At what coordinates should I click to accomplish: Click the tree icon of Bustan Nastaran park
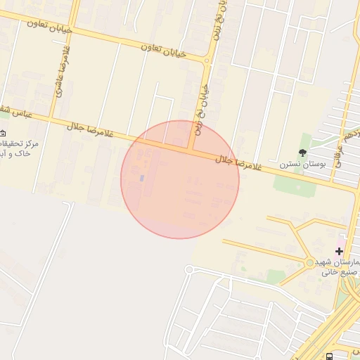pos(303,153)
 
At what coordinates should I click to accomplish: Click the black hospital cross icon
pos(340,250)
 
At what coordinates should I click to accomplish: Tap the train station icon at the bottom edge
pos(330,356)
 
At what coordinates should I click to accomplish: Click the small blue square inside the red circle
pos(142,178)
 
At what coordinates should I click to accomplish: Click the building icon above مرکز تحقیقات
pos(3,133)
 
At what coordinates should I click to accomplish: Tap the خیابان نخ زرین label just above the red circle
pos(203,109)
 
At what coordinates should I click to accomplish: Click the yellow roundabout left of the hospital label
pos(310,263)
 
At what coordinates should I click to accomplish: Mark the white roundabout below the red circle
pos(188,269)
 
